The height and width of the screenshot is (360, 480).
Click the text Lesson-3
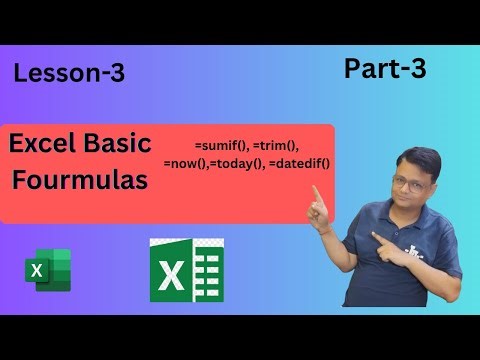69,73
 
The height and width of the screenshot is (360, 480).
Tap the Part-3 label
384,68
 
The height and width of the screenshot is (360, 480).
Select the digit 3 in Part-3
416,68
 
